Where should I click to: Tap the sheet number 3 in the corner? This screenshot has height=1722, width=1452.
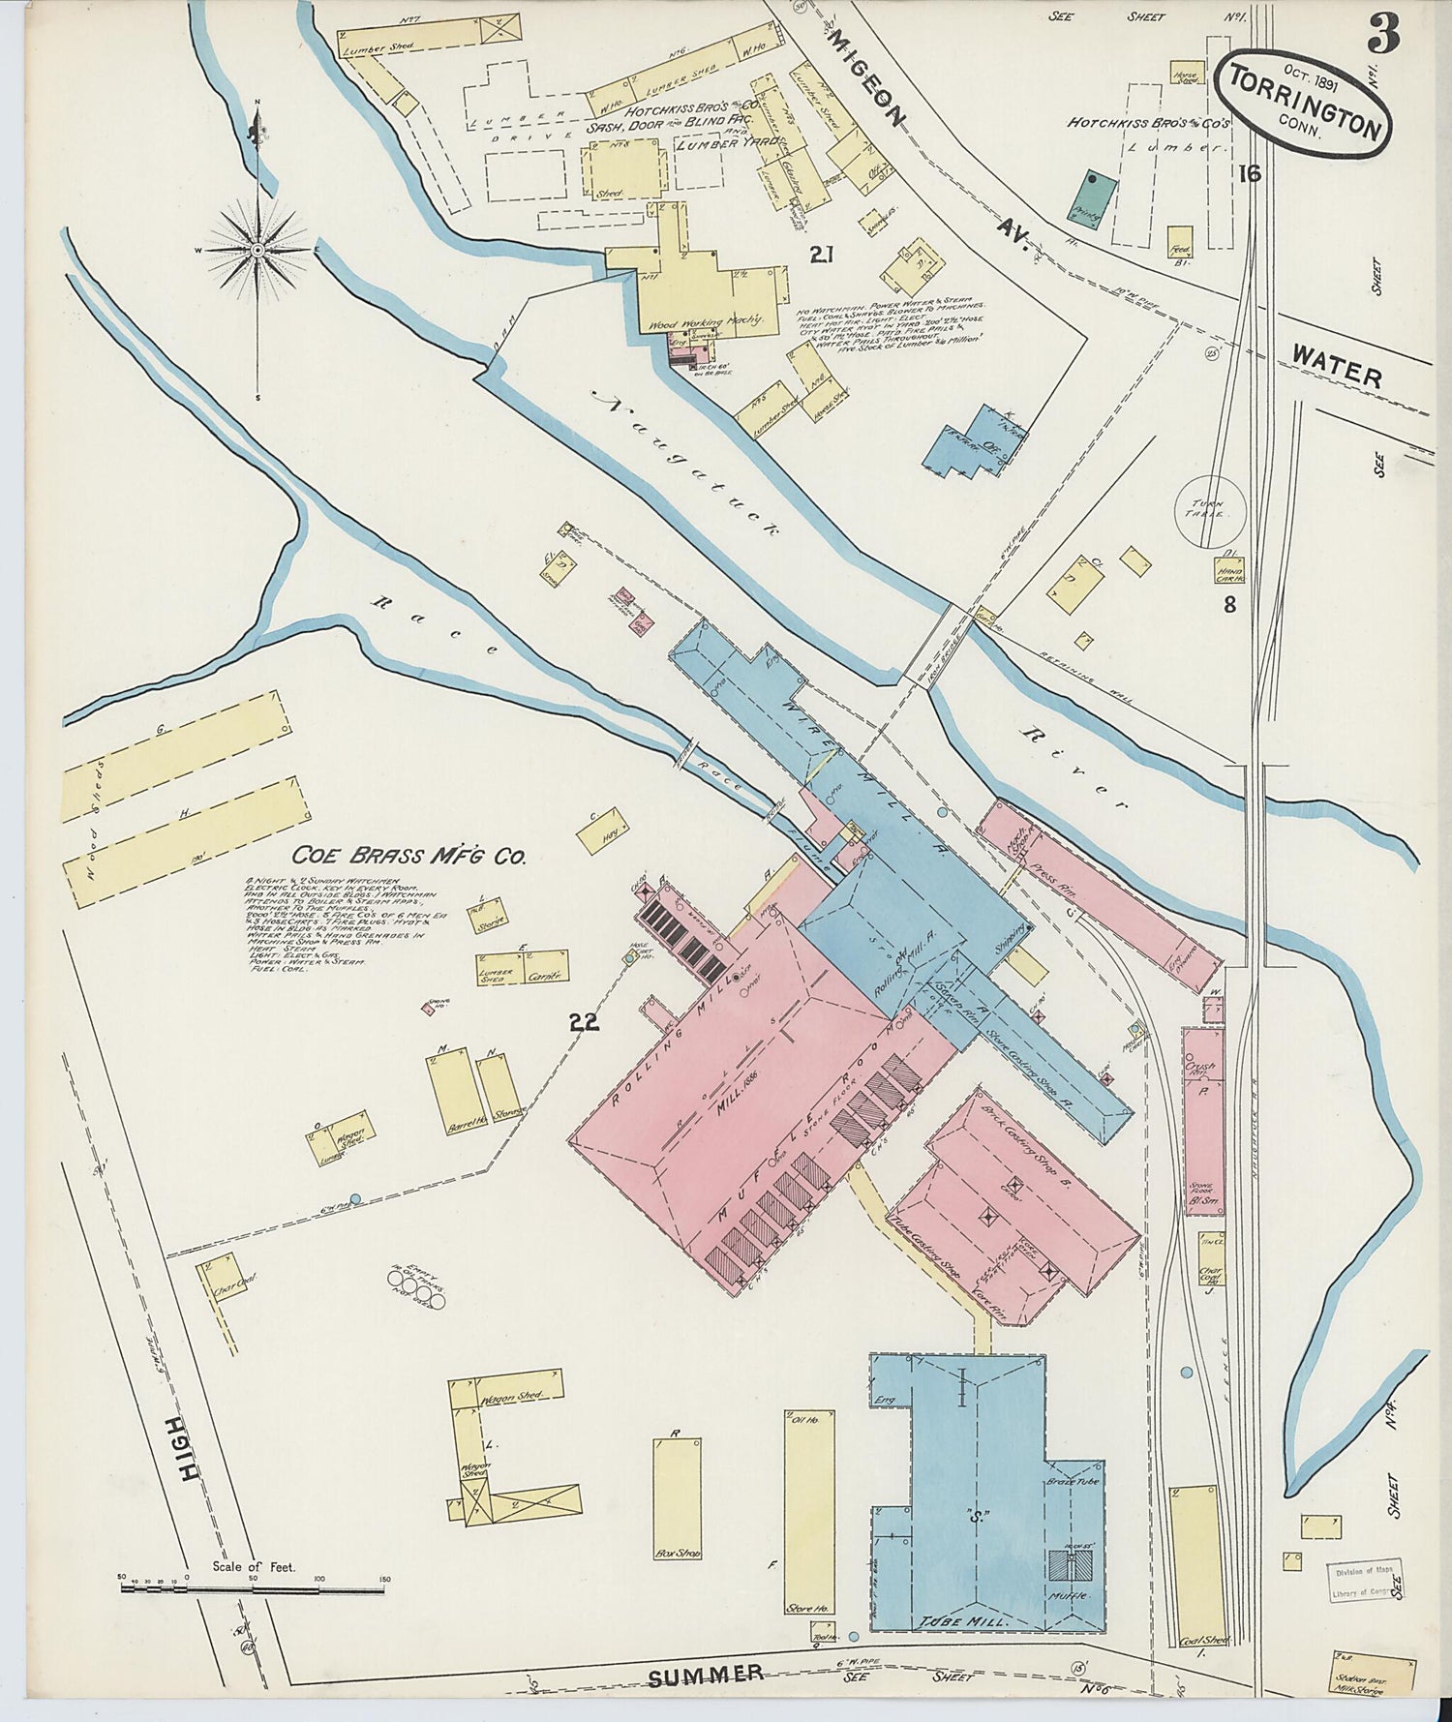pyautogui.click(x=1383, y=36)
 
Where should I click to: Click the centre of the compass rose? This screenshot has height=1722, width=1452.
pyautogui.click(x=257, y=250)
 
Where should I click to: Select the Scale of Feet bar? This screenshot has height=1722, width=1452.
pyautogui.click(x=252, y=1587)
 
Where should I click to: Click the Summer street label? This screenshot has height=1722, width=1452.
pyautogui.click(x=705, y=1674)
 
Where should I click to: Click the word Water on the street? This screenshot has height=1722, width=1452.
pyautogui.click(x=1336, y=369)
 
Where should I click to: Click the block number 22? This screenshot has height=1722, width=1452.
pyautogui.click(x=585, y=1022)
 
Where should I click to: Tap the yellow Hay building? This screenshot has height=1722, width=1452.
pyautogui.click(x=603, y=829)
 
